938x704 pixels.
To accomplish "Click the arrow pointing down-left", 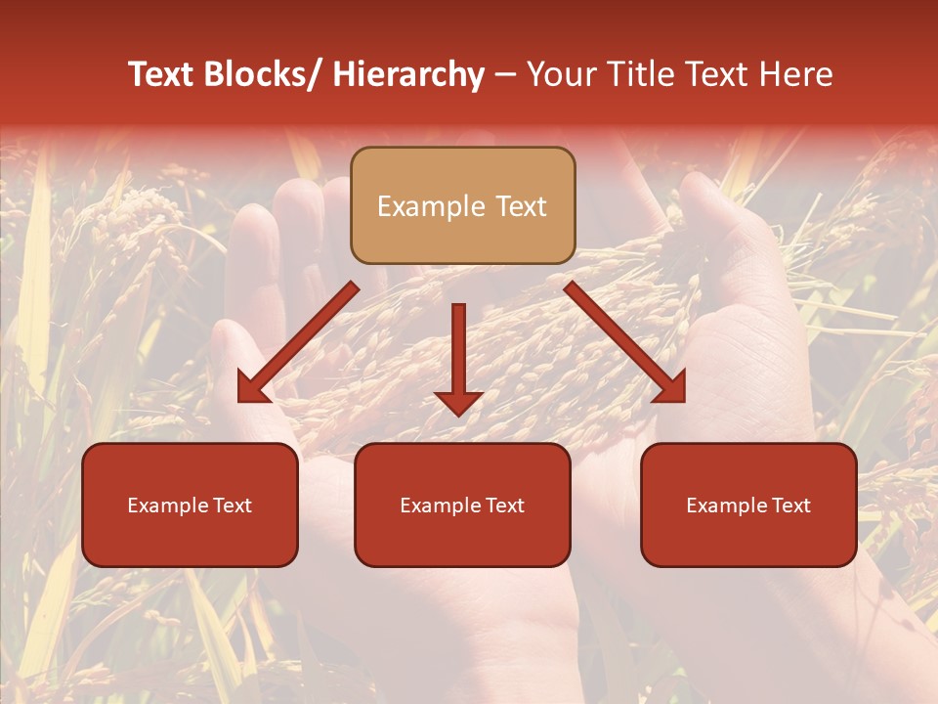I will click(298, 342).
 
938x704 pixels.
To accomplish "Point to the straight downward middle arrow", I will click(458, 352).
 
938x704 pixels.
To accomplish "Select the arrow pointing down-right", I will click(625, 342).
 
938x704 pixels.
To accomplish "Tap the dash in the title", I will click(504, 75).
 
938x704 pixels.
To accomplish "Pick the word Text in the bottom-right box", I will click(789, 506).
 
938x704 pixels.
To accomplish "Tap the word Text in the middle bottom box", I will click(503, 506).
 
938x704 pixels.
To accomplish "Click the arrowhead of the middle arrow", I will click(458, 401).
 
